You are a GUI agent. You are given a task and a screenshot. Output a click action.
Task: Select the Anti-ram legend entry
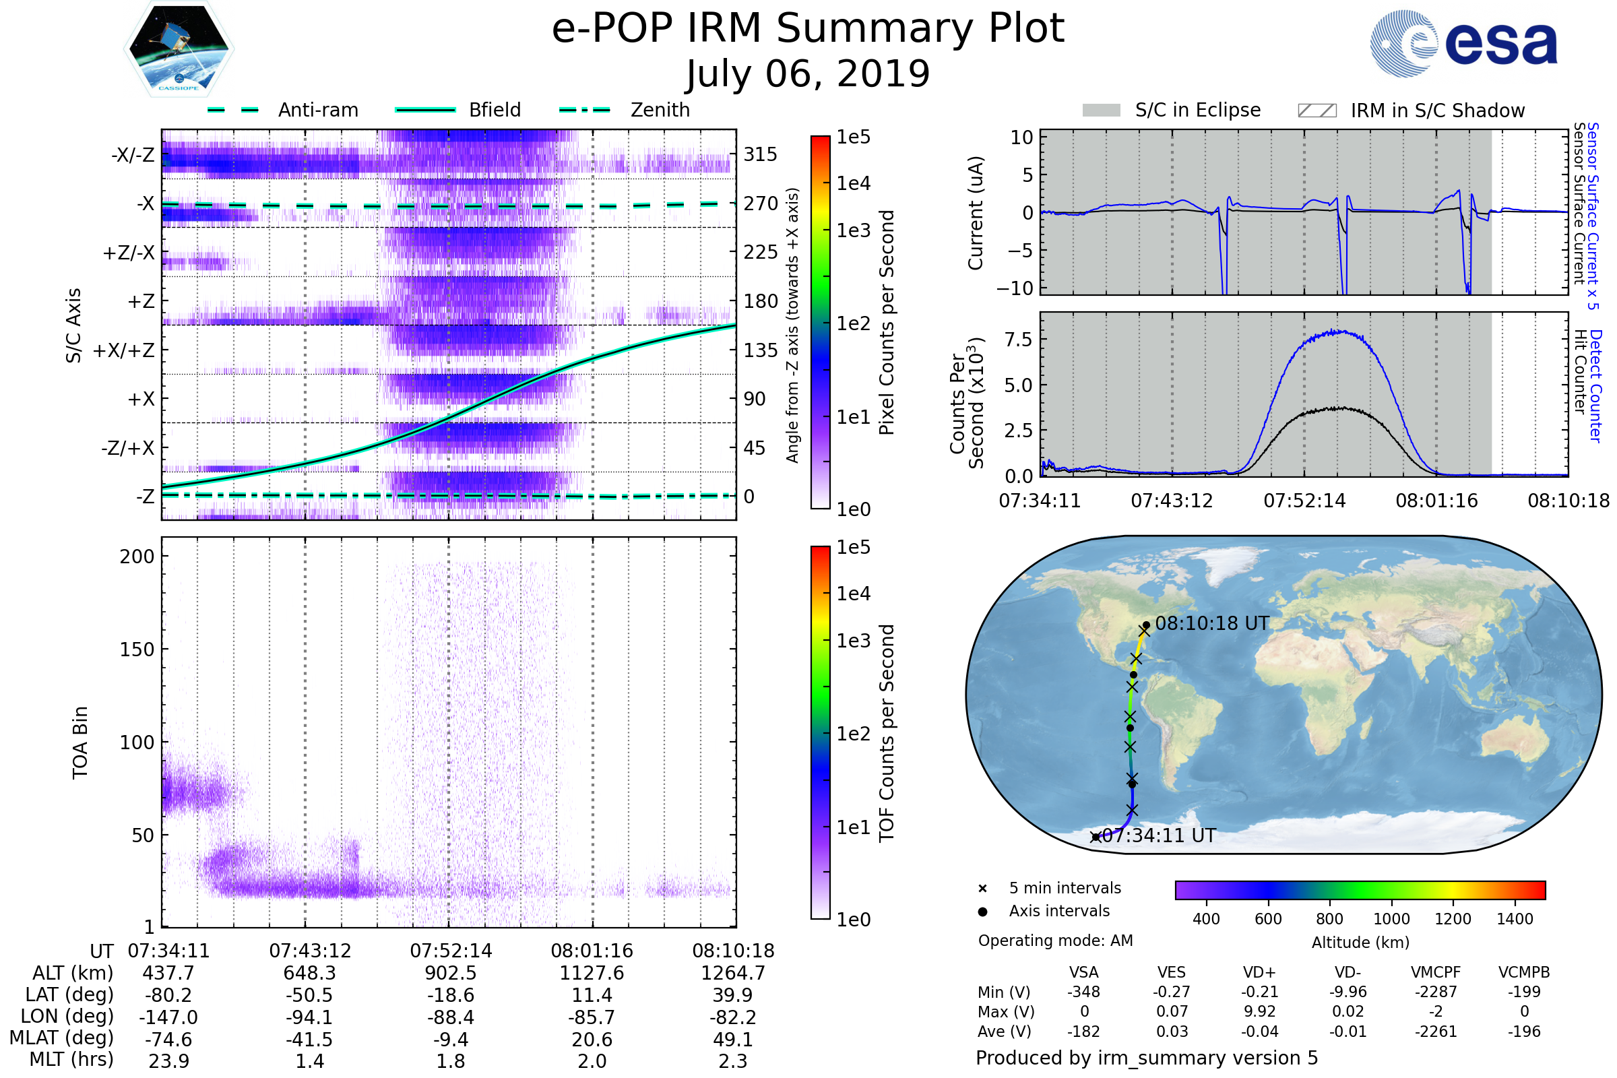click(x=317, y=110)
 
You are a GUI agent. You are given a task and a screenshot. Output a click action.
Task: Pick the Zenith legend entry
click(x=660, y=110)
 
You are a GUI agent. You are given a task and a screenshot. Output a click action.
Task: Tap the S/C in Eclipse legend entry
click(x=1197, y=110)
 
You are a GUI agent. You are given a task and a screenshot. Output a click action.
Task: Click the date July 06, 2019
click(x=808, y=74)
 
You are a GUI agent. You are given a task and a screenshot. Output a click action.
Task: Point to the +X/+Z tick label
click(x=124, y=350)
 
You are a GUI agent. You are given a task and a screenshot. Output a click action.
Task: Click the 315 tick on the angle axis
click(x=760, y=154)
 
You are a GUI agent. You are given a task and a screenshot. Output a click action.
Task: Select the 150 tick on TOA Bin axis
click(x=137, y=649)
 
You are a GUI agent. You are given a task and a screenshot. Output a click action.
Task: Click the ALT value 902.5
click(x=450, y=973)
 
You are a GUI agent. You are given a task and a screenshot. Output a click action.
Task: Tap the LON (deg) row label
click(x=67, y=1016)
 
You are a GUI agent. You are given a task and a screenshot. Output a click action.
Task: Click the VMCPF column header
click(x=1436, y=972)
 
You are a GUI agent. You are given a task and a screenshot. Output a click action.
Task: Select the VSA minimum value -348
click(x=1083, y=992)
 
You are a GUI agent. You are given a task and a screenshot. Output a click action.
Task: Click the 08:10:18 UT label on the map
click(x=1211, y=624)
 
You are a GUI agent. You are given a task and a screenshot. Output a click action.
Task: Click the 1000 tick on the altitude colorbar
click(x=1391, y=919)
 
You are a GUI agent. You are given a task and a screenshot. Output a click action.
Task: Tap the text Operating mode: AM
click(x=1055, y=941)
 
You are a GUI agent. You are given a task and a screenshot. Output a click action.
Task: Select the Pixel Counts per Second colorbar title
click(x=887, y=322)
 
